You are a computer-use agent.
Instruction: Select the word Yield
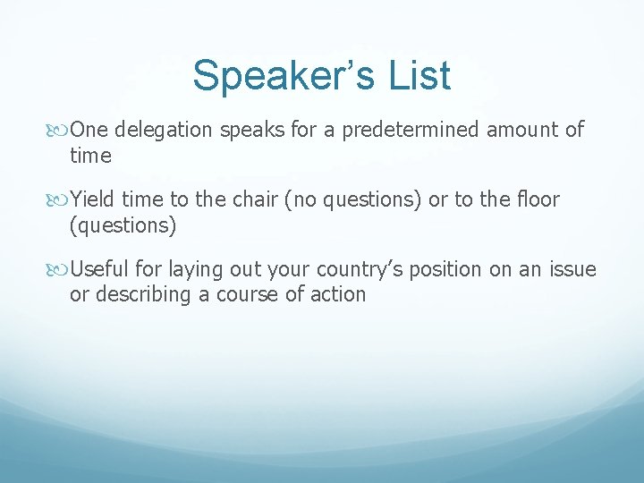[x=93, y=199]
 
